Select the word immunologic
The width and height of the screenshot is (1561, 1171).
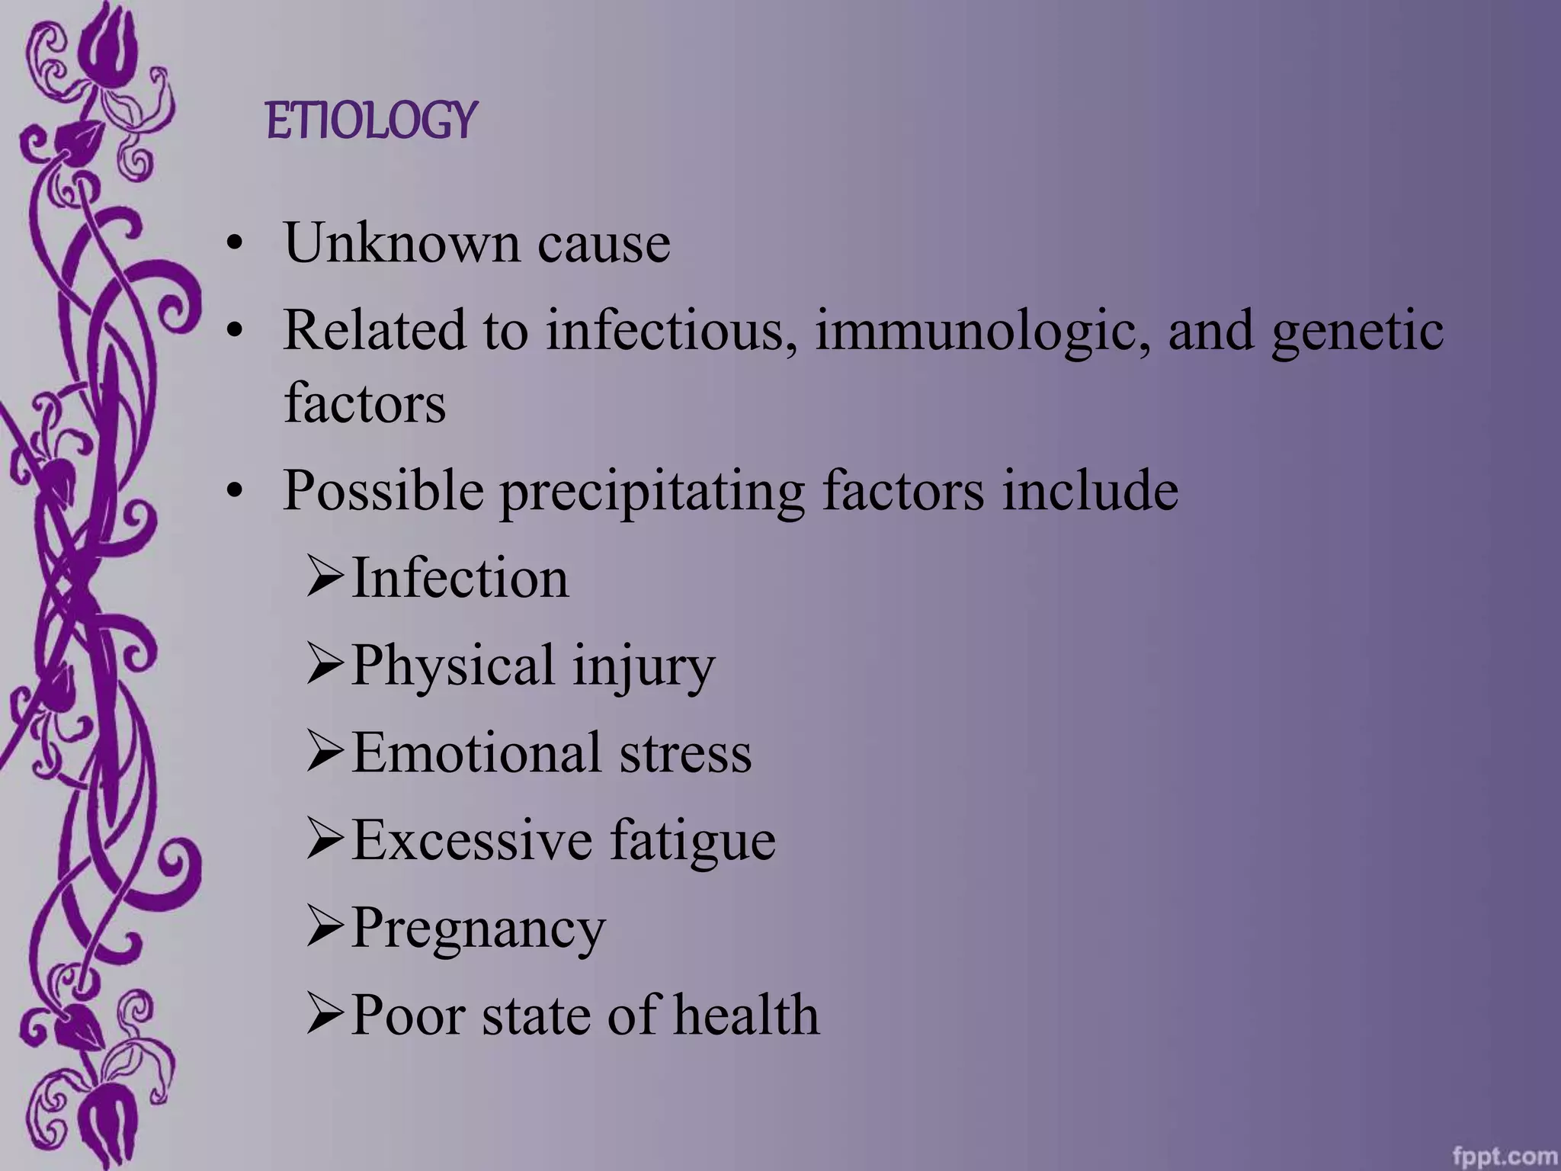[x=982, y=331]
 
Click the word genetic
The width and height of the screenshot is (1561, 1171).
[x=1357, y=331]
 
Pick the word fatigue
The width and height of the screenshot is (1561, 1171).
[x=693, y=840]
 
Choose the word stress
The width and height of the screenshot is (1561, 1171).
[x=685, y=752]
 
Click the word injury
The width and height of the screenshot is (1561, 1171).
[x=643, y=665]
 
